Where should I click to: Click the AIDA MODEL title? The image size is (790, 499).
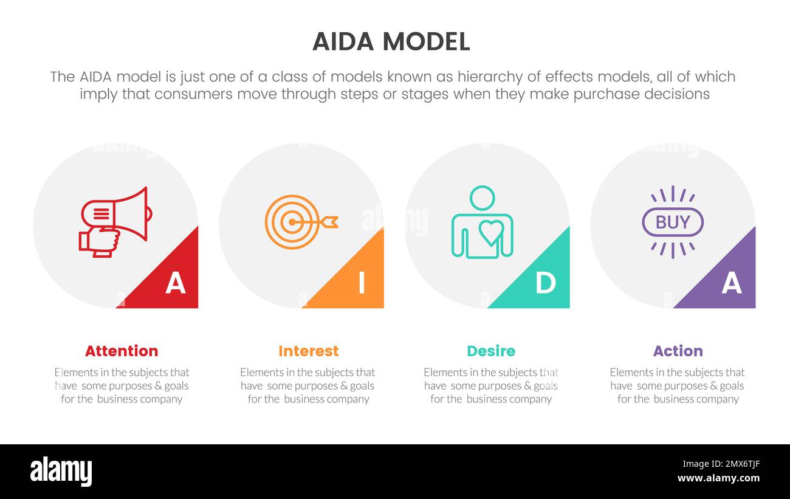pos(391,42)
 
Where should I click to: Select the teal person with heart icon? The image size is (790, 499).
pos(483,222)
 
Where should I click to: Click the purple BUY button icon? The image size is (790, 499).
pos(672,222)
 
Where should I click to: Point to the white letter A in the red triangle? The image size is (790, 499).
pos(175,283)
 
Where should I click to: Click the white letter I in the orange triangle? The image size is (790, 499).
pos(362,283)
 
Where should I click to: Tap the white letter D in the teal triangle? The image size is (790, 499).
pos(545,283)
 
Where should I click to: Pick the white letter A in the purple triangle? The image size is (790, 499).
pos(731,283)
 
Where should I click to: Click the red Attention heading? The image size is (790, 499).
pos(122,351)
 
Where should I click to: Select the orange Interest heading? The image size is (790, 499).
pos(308,351)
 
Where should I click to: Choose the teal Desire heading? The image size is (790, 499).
pos(491,351)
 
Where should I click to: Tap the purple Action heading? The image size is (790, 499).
pos(678,351)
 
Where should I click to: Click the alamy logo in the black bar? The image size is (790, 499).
pos(61,472)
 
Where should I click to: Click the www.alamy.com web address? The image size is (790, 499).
pos(718,478)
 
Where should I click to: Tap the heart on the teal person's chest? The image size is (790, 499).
pos(490,232)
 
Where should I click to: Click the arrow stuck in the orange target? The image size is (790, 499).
pos(322,222)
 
